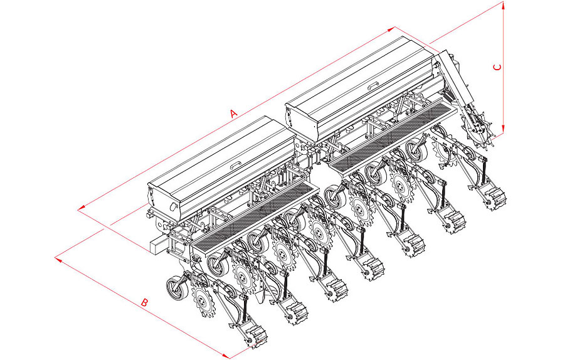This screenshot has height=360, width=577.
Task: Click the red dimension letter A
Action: (x=233, y=113)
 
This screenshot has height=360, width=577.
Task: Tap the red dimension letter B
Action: (x=145, y=302)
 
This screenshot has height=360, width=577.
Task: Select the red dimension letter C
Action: (x=497, y=67)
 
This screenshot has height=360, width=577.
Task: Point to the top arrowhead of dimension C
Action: (x=503, y=5)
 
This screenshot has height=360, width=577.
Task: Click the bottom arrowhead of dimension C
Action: (x=503, y=129)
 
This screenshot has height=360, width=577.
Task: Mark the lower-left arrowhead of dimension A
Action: (x=81, y=209)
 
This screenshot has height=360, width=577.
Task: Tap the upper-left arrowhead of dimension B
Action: (x=58, y=259)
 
